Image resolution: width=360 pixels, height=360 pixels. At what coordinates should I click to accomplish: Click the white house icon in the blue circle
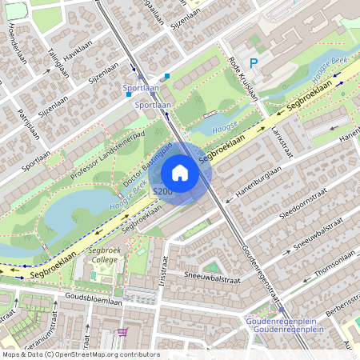coord(180,173)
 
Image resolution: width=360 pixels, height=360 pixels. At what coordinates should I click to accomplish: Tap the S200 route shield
coord(162,192)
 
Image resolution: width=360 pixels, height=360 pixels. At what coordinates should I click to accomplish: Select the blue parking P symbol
coord(254,62)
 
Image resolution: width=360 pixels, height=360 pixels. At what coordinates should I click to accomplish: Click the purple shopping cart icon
coord(122,331)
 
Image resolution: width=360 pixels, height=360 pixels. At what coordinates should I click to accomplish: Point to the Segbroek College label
coord(104,254)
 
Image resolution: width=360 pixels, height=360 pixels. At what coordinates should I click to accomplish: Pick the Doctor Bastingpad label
coord(148,165)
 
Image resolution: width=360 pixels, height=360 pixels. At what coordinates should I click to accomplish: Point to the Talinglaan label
coord(54,62)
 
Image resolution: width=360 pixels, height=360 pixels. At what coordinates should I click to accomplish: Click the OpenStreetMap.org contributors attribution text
coord(104,354)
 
